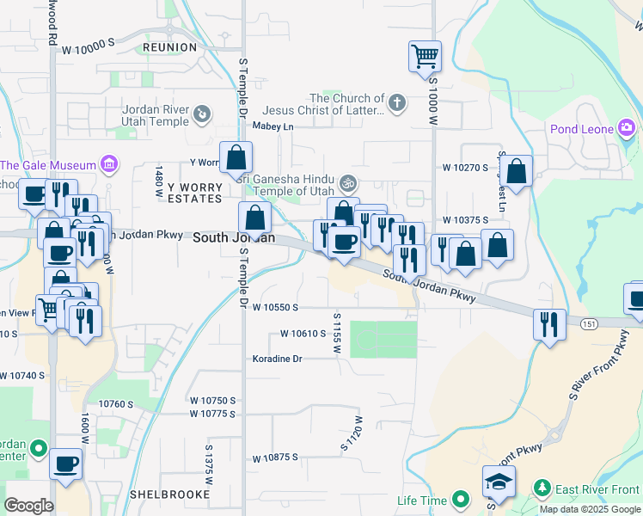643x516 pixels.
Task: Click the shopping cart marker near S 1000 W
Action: click(x=425, y=57)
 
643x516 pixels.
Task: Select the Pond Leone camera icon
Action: click(x=626, y=130)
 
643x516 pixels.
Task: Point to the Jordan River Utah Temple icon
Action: click(x=201, y=114)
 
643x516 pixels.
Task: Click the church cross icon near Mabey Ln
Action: click(x=396, y=104)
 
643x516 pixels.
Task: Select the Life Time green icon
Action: click(x=461, y=499)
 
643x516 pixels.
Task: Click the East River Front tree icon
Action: click(x=542, y=489)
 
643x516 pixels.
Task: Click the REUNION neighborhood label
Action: click(x=170, y=47)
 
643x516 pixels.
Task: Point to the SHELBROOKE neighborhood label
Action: click(x=169, y=494)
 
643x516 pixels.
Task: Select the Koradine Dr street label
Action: click(x=278, y=359)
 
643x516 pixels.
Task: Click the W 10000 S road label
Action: click(x=88, y=49)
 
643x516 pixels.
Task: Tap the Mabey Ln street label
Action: click(x=273, y=126)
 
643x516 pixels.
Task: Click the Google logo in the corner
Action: click(x=29, y=506)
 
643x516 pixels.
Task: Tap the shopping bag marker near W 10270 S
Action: click(x=517, y=172)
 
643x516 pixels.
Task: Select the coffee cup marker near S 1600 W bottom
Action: click(x=66, y=464)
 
